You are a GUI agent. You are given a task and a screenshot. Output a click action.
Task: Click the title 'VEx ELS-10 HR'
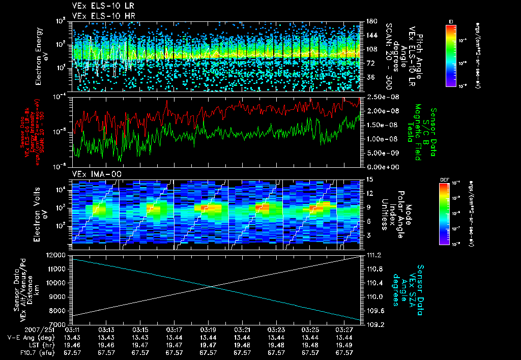pos(99,16)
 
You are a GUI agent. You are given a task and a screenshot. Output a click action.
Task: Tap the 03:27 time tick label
pos(344,329)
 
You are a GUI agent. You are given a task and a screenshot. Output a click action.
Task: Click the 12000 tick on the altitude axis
pos(57,255)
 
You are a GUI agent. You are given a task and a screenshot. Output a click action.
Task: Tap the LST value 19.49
pos(344,344)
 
